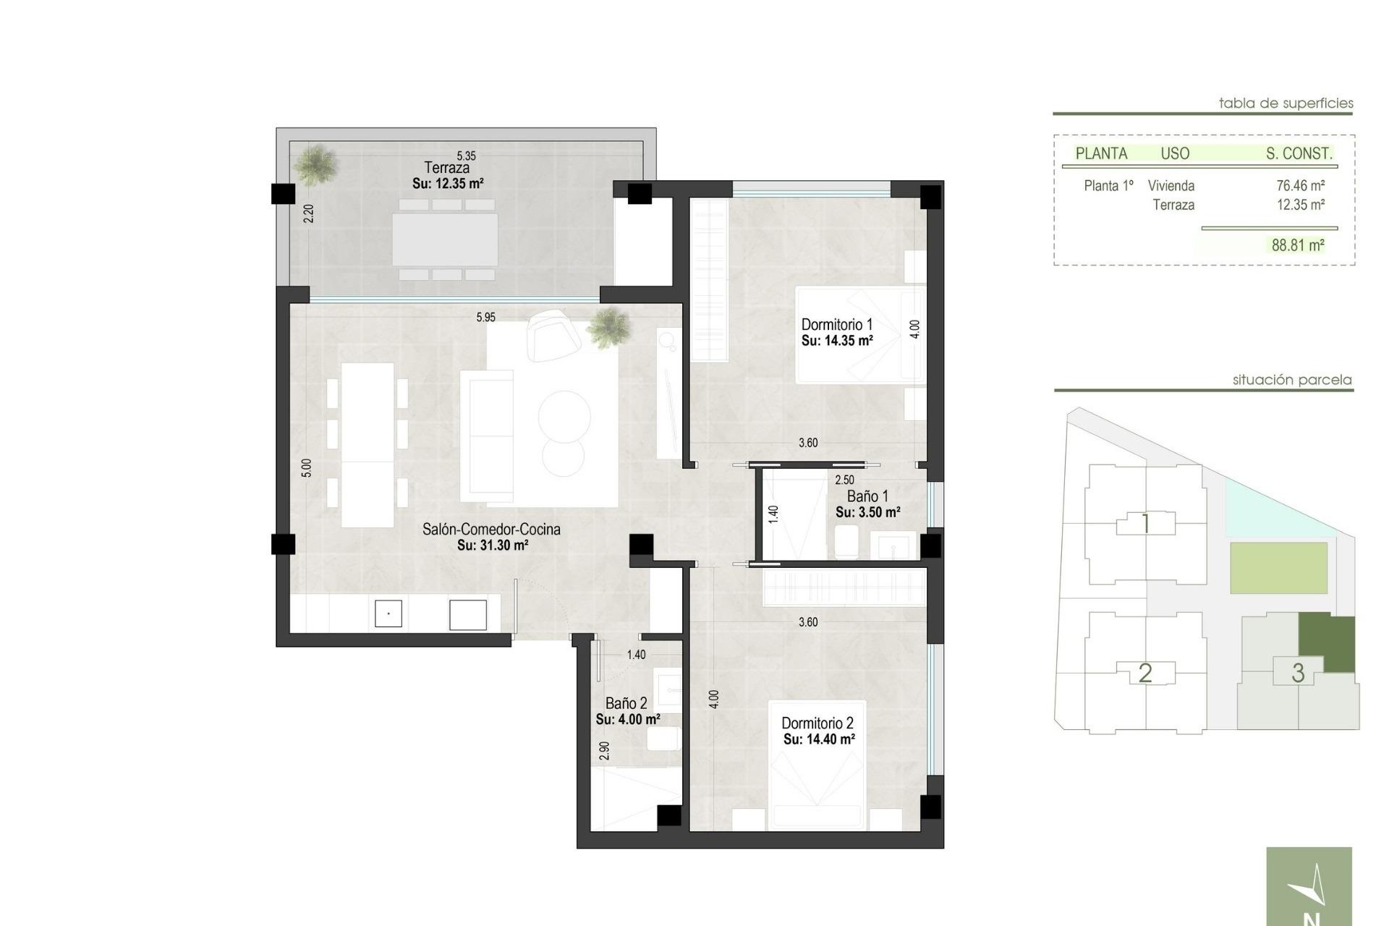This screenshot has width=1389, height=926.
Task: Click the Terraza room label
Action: (x=446, y=168)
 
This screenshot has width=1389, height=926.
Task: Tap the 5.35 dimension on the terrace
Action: (x=466, y=156)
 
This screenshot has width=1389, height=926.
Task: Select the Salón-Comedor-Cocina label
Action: (x=491, y=530)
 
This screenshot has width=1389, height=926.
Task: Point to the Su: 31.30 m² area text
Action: (x=492, y=545)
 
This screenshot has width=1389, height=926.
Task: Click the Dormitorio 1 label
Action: (x=837, y=325)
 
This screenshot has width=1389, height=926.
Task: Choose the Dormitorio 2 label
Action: (x=817, y=723)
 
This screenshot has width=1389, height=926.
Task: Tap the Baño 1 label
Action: (x=867, y=496)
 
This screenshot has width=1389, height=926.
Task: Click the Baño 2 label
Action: (x=626, y=703)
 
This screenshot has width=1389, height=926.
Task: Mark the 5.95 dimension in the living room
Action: (x=485, y=317)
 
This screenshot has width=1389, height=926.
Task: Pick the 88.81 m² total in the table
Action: (x=1298, y=245)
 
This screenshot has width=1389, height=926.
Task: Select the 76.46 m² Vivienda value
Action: (x=1300, y=186)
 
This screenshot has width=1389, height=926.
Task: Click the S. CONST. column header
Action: (x=1299, y=153)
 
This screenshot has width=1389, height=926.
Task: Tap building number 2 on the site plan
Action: (x=1144, y=674)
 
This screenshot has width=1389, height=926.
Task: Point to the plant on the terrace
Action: (x=315, y=163)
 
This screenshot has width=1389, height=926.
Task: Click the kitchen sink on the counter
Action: (x=388, y=614)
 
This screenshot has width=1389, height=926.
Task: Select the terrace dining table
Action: (x=445, y=239)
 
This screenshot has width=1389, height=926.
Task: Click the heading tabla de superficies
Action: (x=1286, y=103)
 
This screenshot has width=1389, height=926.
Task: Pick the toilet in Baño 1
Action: (x=846, y=541)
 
